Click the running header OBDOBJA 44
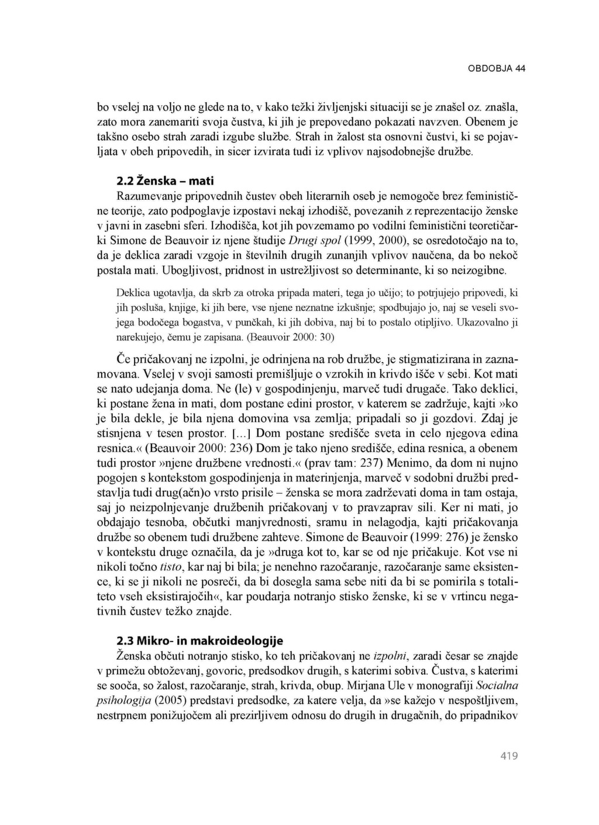point(497,68)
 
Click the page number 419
point(509,756)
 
